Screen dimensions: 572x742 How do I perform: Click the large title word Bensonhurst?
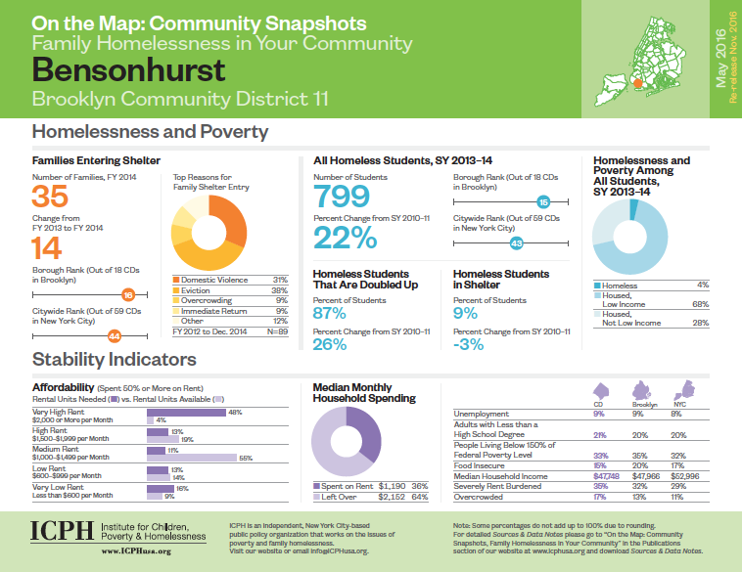pos(128,70)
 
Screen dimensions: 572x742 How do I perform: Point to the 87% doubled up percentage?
pos(329,313)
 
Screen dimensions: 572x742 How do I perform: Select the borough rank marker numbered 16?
pos(127,294)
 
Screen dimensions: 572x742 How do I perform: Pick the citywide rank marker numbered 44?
pos(114,335)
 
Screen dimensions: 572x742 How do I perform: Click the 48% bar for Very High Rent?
pos(185,413)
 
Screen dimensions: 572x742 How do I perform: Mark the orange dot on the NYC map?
pos(638,84)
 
